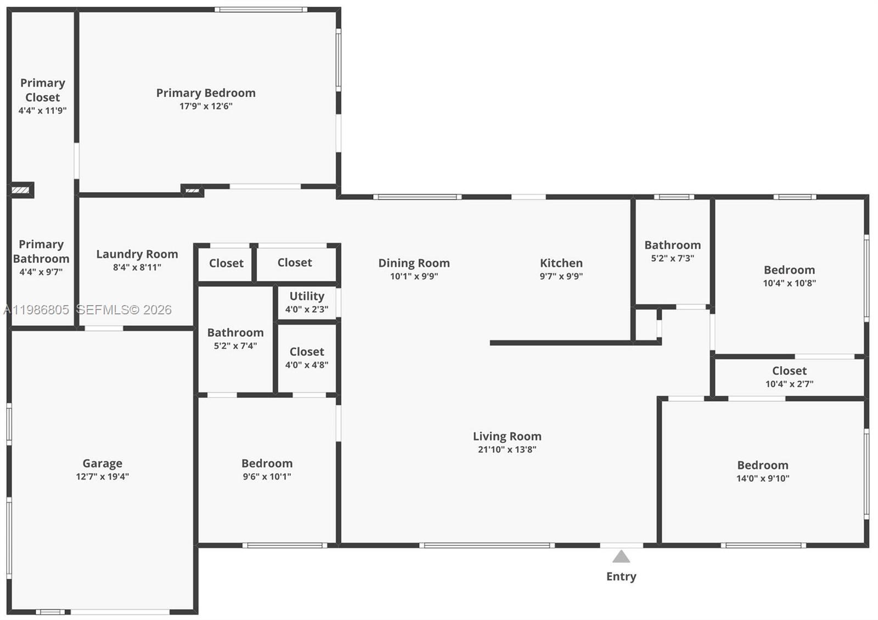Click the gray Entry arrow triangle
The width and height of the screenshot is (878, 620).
(621, 557)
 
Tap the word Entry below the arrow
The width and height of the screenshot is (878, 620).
(621, 576)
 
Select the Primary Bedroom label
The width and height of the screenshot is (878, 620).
(206, 93)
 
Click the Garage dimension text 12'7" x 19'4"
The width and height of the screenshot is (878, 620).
(103, 476)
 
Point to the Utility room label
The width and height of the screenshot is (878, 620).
(307, 296)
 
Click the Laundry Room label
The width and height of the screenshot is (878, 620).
(137, 254)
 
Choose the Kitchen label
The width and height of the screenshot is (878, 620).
(561, 263)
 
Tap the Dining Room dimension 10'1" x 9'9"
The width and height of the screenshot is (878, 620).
(414, 276)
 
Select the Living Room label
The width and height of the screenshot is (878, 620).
(507, 436)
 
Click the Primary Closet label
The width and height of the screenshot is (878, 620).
(43, 90)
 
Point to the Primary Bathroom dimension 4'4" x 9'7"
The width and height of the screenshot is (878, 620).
(41, 272)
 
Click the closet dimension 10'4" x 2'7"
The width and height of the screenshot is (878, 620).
(789, 384)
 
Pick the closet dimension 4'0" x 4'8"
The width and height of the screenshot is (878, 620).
(307, 364)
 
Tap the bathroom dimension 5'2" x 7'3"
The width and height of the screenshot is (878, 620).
(672, 258)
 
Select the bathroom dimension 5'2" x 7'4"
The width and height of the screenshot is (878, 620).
(235, 346)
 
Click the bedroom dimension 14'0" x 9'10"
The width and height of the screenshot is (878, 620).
(763, 478)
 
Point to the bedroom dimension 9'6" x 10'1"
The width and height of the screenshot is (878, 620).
(267, 476)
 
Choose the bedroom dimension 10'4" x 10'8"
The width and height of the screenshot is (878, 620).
(789, 283)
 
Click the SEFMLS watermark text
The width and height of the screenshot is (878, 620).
(124, 310)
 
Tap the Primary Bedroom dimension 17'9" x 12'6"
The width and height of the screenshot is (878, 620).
(206, 106)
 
